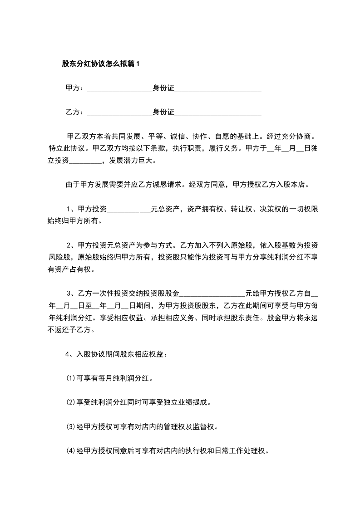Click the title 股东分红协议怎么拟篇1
[x=101, y=64]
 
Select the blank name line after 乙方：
[x=119, y=112]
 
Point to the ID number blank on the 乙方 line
[x=218, y=112]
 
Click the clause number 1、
[x=72, y=209]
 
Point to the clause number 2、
[x=72, y=245]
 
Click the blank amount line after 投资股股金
[x=212, y=294]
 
